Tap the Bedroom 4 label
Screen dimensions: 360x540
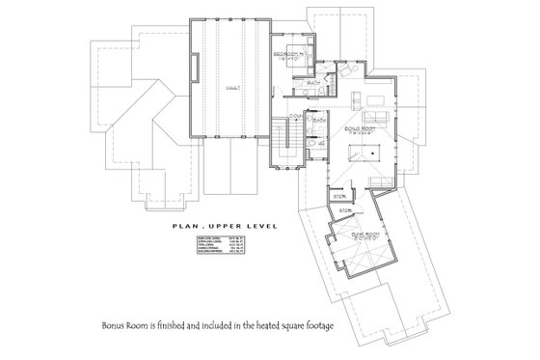click(289, 54)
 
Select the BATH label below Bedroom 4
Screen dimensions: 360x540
click(314, 84)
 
